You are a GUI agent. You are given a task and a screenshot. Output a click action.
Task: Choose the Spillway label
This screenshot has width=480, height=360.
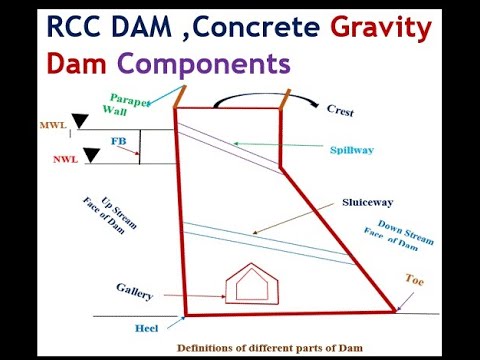(352, 149)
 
